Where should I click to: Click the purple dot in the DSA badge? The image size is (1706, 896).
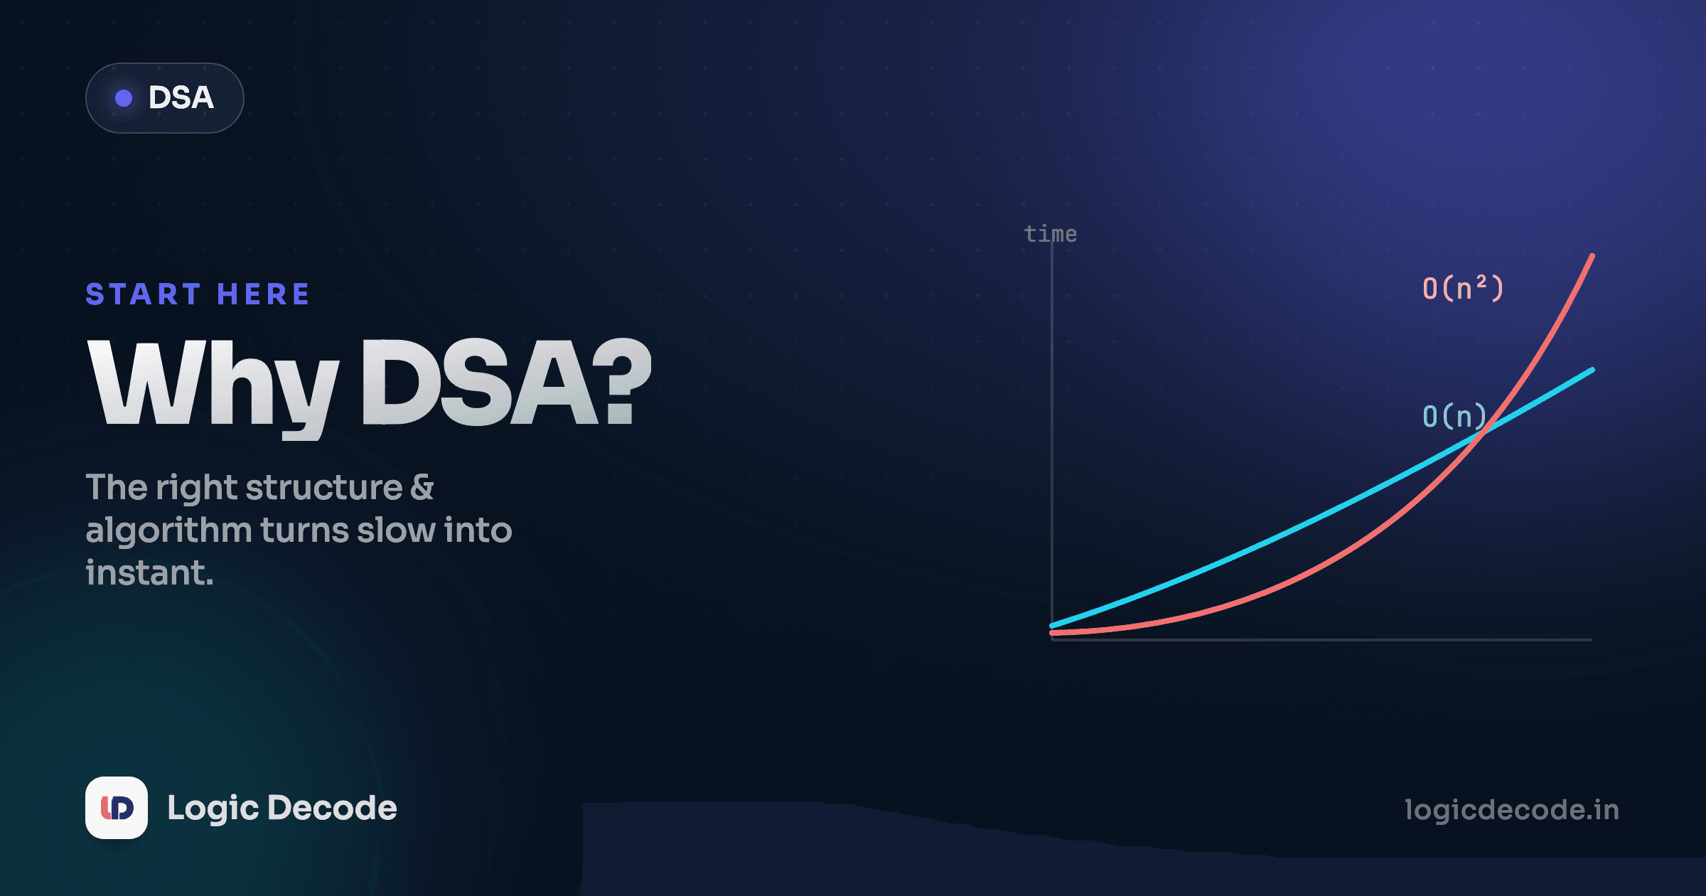pyautogui.click(x=124, y=98)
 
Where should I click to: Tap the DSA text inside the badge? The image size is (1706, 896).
pyautogui.click(x=181, y=98)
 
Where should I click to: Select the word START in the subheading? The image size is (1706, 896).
pyautogui.click(x=143, y=294)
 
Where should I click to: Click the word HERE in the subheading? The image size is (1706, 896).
pyautogui.click(x=263, y=294)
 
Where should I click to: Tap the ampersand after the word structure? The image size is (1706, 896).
pyautogui.click(x=422, y=487)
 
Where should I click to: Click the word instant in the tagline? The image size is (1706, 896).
pyautogui.click(x=146, y=573)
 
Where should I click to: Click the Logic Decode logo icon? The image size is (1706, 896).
pyautogui.click(x=117, y=808)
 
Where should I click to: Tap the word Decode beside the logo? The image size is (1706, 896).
pyautogui.click(x=333, y=808)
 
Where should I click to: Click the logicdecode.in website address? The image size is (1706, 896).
pyautogui.click(x=1512, y=810)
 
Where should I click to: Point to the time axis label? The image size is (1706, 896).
pyautogui.click(x=1051, y=233)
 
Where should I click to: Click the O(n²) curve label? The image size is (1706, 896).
pyautogui.click(x=1463, y=288)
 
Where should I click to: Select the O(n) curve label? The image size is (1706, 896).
pyautogui.click(x=1454, y=416)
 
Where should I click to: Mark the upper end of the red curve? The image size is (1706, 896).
pyautogui.click(x=1592, y=255)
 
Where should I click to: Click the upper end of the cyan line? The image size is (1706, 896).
pyautogui.click(x=1592, y=370)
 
